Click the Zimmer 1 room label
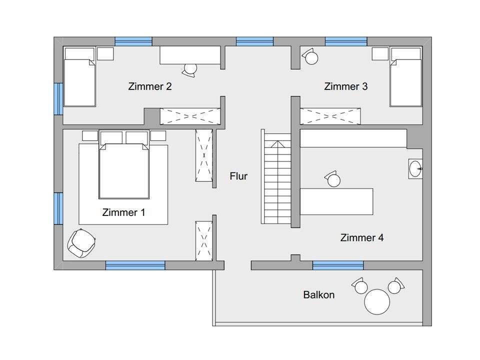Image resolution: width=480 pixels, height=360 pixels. [x=123, y=212]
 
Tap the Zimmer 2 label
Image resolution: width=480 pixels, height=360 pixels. [x=149, y=86]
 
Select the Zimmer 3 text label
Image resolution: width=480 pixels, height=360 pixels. [x=345, y=86]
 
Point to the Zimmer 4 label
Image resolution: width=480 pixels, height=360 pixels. [x=362, y=237]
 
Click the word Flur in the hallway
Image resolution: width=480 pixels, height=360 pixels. [x=238, y=176]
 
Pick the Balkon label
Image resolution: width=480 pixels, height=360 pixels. [x=318, y=295]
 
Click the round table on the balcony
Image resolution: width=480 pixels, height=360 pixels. [x=377, y=301]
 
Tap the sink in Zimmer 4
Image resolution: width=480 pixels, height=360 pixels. [x=415, y=168]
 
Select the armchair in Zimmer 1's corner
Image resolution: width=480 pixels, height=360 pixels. [x=81, y=243]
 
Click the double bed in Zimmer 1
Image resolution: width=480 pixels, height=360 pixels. [x=124, y=170]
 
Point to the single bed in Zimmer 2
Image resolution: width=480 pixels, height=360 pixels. [x=79, y=76]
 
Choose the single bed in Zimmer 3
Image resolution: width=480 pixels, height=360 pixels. [x=406, y=76]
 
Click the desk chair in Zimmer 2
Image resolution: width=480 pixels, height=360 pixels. [x=190, y=70]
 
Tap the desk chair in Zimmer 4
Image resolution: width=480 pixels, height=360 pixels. [x=333, y=179]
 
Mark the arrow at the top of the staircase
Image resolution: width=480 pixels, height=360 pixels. [x=277, y=144]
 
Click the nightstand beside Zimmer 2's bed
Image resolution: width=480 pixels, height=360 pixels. [x=105, y=54]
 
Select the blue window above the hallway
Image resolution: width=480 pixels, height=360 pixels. [x=254, y=41]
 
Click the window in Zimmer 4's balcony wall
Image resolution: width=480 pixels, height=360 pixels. [x=338, y=265]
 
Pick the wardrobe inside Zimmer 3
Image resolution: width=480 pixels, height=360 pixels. [x=330, y=116]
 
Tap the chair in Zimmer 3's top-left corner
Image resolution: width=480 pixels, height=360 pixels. [x=310, y=56]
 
